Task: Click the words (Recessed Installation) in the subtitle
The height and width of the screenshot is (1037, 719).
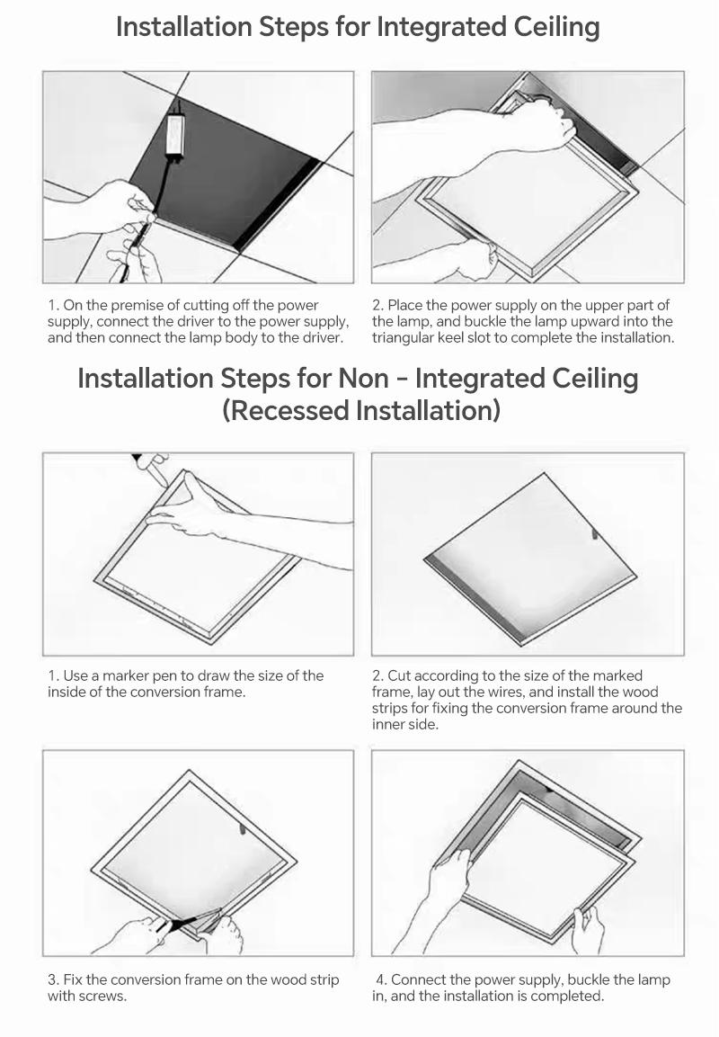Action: pyautogui.click(x=361, y=411)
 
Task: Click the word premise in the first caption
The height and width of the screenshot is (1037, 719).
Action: pyautogui.click(x=131, y=306)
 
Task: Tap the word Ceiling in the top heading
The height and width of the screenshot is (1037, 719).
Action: pyautogui.click(x=553, y=28)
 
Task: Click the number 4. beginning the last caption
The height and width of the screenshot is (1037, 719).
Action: pyautogui.click(x=382, y=980)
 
